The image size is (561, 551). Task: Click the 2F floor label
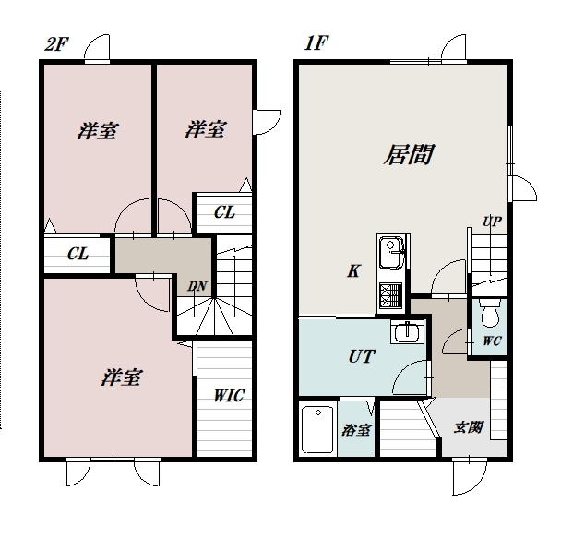coord(56,44)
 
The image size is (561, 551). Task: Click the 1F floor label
coord(316,43)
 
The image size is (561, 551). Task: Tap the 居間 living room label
coord(409,154)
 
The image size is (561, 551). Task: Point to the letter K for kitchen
coord(353,271)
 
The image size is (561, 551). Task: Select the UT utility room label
coord(362,356)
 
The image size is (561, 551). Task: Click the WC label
coord(492,341)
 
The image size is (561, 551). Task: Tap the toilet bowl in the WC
coord(490,314)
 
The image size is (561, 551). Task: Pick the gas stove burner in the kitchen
coord(390,293)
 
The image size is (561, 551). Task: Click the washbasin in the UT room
coord(407,332)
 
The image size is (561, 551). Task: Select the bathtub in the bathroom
coord(317,429)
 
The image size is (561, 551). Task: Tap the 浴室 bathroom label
coord(356,430)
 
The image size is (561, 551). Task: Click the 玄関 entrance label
coord(469,427)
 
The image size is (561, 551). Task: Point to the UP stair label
coord(493,222)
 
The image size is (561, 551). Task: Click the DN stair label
coord(197,286)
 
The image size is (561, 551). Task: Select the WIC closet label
coord(230,395)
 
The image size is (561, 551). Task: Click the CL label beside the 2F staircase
coord(224,212)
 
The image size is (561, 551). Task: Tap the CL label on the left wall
coord(78,254)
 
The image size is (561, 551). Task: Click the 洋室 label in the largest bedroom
coord(122,377)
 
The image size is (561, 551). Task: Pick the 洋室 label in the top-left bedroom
coord(97,131)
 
